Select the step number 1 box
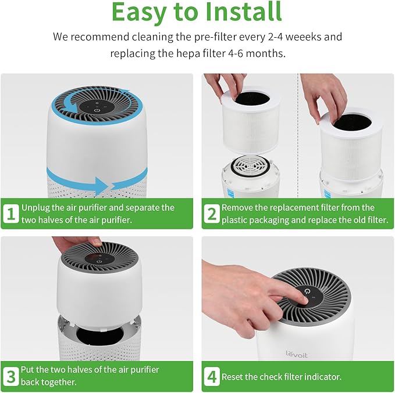[x=11, y=214]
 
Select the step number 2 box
[x=211, y=214]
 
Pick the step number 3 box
[x=11, y=375]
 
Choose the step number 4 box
[x=211, y=376]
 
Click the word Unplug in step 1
[x=35, y=207]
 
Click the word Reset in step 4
[x=233, y=377]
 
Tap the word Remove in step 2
[x=239, y=207]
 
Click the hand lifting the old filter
[x=221, y=84]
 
